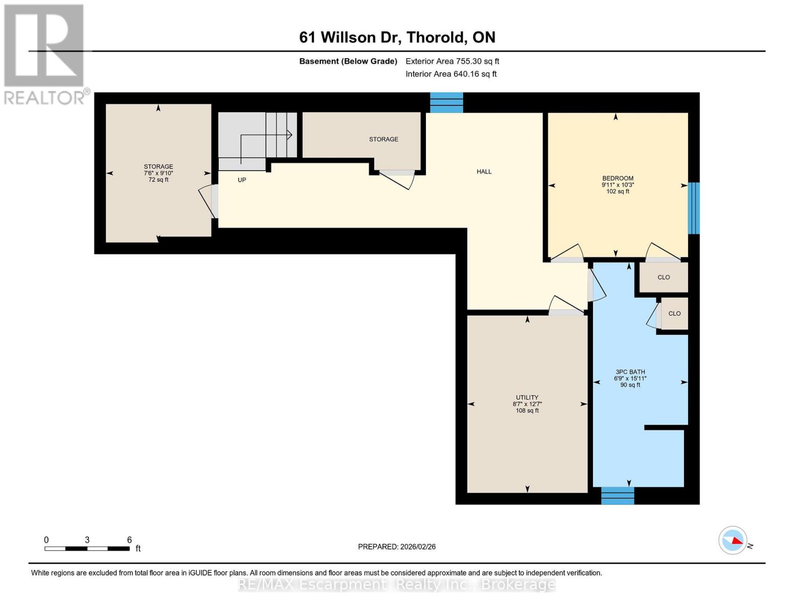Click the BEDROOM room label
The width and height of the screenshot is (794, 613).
[x=618, y=179]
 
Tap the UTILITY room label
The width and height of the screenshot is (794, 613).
[x=527, y=397]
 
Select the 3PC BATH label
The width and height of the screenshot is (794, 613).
[x=630, y=372]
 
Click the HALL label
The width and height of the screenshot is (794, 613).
[x=484, y=172]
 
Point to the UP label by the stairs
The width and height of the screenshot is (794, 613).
[x=242, y=180]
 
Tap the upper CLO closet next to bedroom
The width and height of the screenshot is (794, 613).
[x=664, y=277]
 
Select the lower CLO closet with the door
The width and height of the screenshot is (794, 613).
[x=674, y=314]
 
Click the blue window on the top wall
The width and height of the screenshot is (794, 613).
[x=446, y=102]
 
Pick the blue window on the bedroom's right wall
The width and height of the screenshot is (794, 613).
[x=693, y=208]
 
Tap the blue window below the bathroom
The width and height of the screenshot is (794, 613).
[x=617, y=496]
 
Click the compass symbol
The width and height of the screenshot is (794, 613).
[x=733, y=540]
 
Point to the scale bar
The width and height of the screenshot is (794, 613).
[x=87, y=548]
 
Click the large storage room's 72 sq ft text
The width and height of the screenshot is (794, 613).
[x=158, y=180]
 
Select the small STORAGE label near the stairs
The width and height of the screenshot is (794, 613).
[x=383, y=139]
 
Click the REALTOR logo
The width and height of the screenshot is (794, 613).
[x=45, y=54]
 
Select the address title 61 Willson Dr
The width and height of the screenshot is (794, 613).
[x=397, y=37]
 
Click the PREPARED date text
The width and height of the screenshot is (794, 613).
[x=397, y=547]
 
